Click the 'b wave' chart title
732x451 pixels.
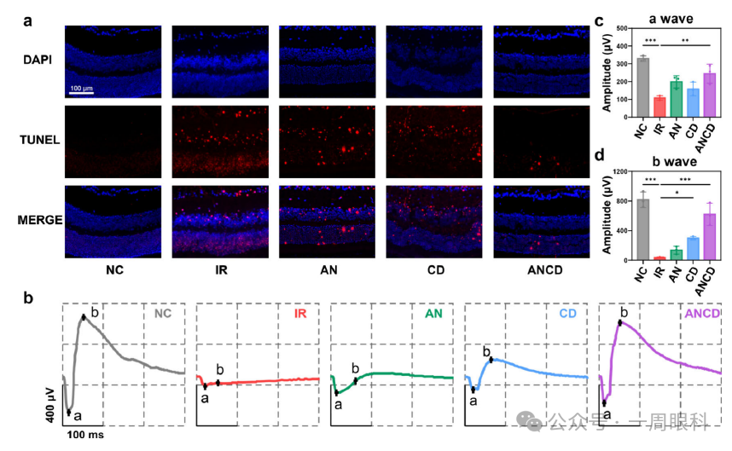671,159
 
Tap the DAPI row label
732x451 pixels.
38,60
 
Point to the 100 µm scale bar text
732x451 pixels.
82,89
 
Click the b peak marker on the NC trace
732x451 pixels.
84,317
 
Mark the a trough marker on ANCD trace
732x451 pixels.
604,403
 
